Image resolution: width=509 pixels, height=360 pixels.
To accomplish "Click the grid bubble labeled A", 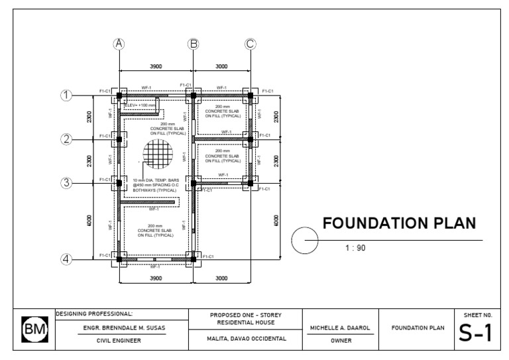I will point(119,44).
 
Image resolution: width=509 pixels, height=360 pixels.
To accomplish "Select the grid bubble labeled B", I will point(194,44).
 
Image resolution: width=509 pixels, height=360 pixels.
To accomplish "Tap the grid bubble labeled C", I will point(250,44).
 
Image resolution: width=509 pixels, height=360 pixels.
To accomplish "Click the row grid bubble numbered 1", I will point(66,95).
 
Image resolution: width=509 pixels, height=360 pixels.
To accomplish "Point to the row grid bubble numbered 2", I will point(66,139).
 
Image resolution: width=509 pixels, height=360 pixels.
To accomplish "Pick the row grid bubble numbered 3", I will point(66,183).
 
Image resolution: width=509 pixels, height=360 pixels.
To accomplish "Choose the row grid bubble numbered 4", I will point(66,259).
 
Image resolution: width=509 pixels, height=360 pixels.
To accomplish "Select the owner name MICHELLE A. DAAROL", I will point(341,328).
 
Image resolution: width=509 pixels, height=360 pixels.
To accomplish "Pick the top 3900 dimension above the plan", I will point(156,66).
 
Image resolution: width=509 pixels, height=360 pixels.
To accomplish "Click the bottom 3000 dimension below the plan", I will point(221,278).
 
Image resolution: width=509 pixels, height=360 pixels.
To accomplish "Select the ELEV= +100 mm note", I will point(140,105).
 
